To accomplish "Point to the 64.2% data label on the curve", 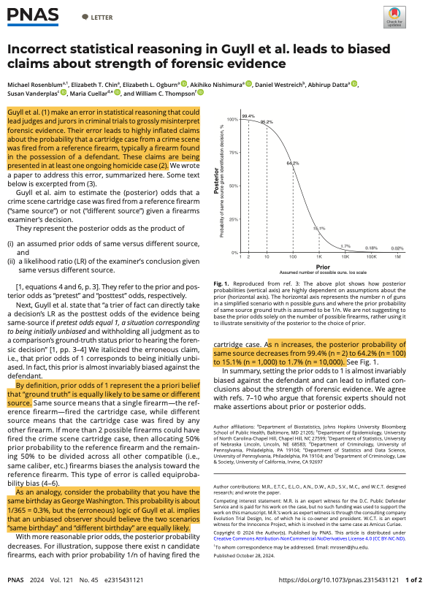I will pyautogui.click(x=292, y=163).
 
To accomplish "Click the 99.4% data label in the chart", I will pyautogui.click(x=248, y=116).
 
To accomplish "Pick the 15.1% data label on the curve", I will pyautogui.click(x=318, y=229).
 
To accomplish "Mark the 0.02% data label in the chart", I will pyautogui.click(x=397, y=248).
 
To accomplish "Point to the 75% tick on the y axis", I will pyautogui.click(x=234, y=153).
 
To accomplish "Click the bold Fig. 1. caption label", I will pyautogui.click(x=222, y=282).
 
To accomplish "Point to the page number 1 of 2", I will pyautogui.click(x=413, y=579).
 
